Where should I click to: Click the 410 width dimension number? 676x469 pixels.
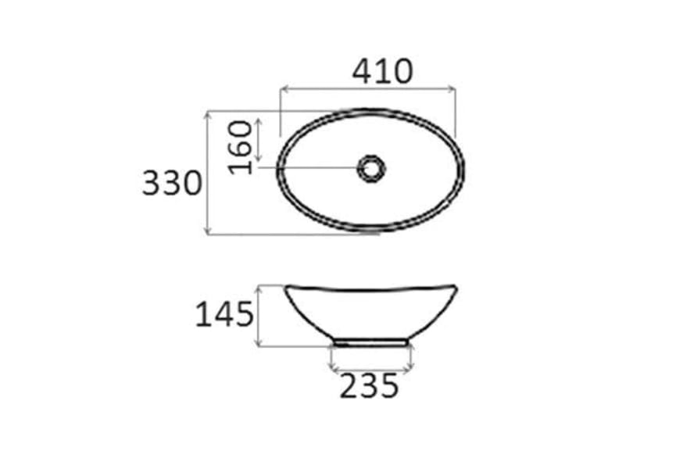click(381, 71)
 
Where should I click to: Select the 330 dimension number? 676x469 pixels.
click(172, 184)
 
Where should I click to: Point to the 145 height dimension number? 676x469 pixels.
click(224, 314)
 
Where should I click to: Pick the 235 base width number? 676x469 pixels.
click(369, 385)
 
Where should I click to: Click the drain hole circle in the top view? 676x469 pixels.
click(371, 167)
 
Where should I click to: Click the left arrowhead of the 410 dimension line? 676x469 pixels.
click(282, 91)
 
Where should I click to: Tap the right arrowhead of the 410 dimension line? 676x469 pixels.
click(453, 91)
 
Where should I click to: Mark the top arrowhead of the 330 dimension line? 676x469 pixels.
click(207, 113)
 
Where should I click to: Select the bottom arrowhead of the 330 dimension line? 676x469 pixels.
click(207, 231)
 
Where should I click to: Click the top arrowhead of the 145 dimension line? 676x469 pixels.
click(259, 287)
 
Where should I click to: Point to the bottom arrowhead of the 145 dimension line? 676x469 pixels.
click(259, 345)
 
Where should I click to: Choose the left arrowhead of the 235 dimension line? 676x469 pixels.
click(333, 367)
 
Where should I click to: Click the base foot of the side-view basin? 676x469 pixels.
click(370, 342)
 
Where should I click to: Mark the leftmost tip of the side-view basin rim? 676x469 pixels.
click(286, 286)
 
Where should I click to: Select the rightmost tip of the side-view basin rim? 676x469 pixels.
click(457, 286)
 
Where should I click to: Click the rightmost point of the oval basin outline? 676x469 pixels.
click(464, 169)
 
